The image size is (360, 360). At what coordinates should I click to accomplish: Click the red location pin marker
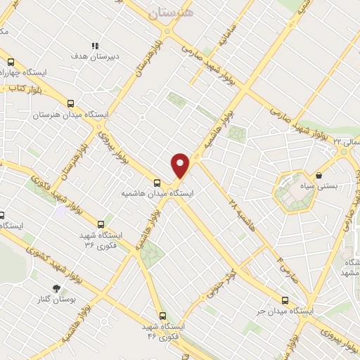181,165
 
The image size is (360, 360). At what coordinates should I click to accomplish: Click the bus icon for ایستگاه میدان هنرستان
72,102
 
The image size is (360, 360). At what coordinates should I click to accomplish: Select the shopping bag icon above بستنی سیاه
319,175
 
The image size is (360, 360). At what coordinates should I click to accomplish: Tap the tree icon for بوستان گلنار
56,288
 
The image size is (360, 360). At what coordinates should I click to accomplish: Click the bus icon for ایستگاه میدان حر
285,299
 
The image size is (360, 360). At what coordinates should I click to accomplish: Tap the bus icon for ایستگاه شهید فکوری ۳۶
101,225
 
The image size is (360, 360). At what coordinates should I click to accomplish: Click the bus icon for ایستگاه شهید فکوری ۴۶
162,316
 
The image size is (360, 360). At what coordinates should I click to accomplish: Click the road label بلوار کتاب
21,89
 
